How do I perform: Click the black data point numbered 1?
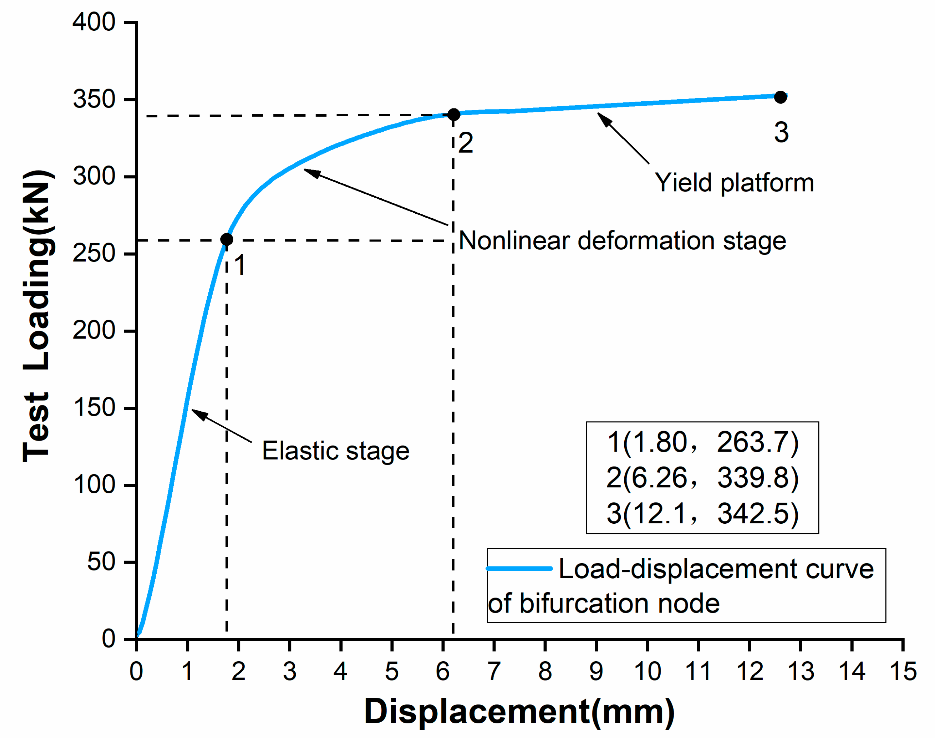point(227,239)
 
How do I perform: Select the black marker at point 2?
point(453,114)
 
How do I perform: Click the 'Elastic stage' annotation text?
point(336,451)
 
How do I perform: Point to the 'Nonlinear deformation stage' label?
point(622,241)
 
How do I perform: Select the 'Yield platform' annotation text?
point(734,183)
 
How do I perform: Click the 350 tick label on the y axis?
point(94,99)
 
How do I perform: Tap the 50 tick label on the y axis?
point(101,562)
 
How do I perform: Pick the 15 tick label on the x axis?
point(903,672)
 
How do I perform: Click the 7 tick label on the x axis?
point(494,672)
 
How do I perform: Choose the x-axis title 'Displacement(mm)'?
point(519,711)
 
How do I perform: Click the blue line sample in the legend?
point(519,569)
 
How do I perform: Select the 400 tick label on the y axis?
point(94,22)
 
